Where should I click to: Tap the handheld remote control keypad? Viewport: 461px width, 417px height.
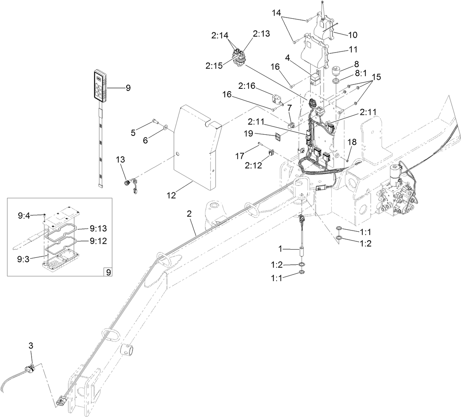99,86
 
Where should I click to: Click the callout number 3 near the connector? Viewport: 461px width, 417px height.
32,345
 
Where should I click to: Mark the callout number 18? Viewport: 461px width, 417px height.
351,143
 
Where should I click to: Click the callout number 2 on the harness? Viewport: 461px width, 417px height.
189,214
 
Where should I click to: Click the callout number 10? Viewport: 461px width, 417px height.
352,35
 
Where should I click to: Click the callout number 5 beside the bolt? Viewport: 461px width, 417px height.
133,132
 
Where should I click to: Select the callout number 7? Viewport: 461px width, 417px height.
290,107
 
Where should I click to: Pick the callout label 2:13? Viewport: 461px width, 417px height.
261,34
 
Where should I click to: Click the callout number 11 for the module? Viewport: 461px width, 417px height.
353,49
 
